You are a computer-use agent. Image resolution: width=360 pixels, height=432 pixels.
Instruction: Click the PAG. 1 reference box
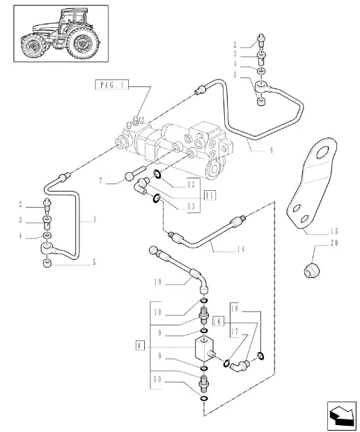111,85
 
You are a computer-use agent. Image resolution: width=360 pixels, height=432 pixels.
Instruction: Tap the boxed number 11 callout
210,196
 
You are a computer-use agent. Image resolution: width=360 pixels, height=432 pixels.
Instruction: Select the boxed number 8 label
140,346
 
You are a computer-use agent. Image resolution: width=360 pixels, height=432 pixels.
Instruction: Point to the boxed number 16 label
218,321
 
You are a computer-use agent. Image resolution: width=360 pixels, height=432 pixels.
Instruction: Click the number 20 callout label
334,243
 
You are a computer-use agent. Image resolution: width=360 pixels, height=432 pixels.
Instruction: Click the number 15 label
334,231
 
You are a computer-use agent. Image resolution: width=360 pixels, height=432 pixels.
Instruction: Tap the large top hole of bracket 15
322,153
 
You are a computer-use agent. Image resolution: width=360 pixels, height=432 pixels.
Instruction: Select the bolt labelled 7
135,173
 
